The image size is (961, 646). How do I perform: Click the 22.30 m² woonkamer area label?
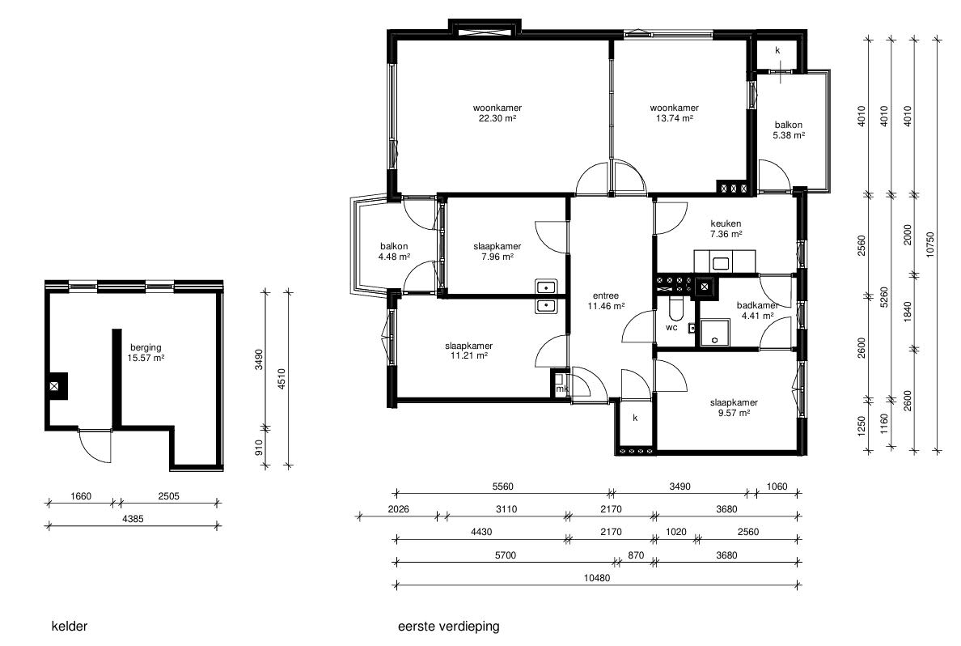497,113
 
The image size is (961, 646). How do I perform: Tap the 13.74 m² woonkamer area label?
674,113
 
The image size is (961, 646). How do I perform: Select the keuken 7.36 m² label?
726,229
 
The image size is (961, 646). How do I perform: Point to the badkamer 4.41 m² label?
757,310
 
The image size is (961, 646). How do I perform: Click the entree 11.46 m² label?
606,300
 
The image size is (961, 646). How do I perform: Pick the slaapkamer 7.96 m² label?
497,252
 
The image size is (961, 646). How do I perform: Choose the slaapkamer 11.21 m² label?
469,351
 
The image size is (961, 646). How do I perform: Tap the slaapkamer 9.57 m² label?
734,408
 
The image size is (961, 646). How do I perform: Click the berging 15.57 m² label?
146,353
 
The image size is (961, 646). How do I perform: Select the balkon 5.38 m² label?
788,130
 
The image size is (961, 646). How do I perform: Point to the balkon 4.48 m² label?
394,252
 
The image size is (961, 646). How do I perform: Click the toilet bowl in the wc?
675,309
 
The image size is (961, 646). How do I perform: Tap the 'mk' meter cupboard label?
561,389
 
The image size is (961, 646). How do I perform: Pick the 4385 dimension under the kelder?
133,519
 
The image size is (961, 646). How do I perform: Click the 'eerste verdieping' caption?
449,627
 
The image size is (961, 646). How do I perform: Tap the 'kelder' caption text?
70,627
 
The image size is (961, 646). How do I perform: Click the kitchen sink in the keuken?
720,264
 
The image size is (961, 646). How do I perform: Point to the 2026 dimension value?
398,509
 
